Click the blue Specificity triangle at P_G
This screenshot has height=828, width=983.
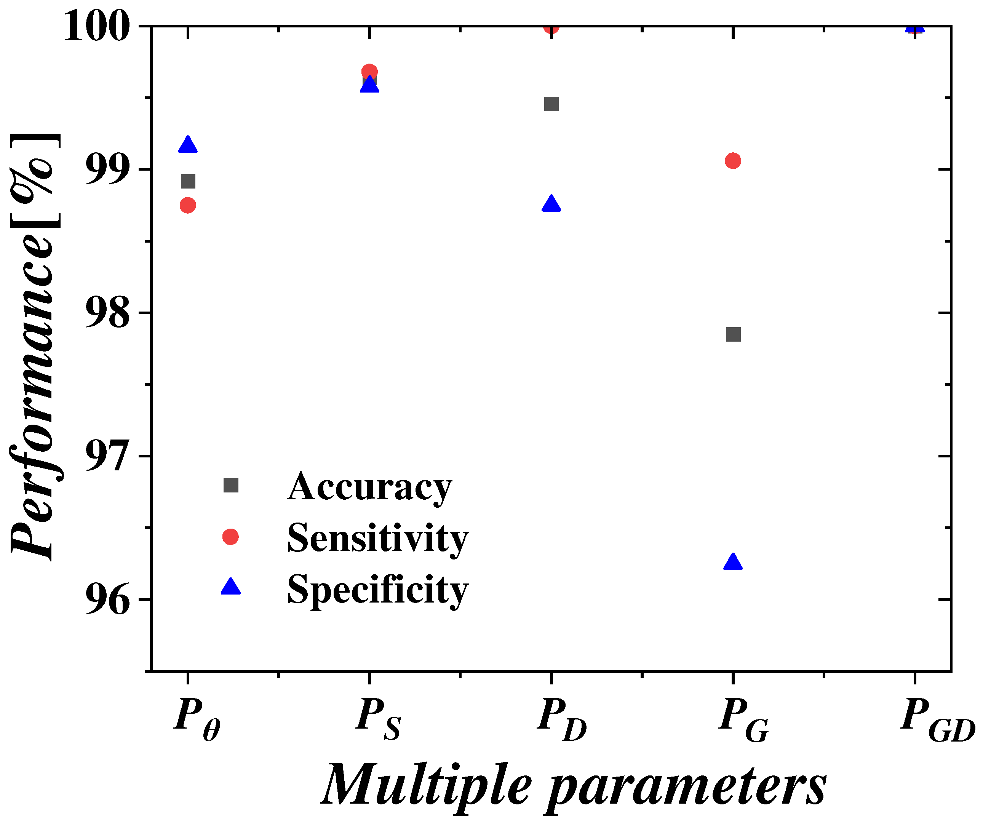pyautogui.click(x=733, y=562)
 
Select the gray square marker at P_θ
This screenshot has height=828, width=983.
pyautogui.click(x=188, y=181)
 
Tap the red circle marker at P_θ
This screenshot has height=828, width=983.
pyautogui.click(x=188, y=205)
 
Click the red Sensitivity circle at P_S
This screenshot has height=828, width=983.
pyautogui.click(x=369, y=71)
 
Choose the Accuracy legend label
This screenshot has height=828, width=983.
pyautogui.click(x=369, y=487)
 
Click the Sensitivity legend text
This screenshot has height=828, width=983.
pyautogui.click(x=377, y=539)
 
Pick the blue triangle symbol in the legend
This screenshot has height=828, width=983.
pyautogui.click(x=230, y=587)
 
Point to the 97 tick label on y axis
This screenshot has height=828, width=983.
pyautogui.click(x=107, y=456)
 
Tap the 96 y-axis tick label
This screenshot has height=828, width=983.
pyautogui.click(x=107, y=600)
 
